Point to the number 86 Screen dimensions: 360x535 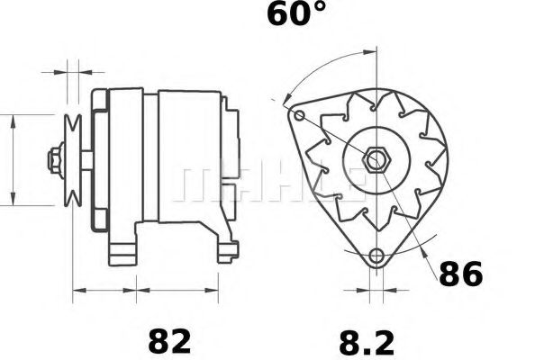(x=459, y=274)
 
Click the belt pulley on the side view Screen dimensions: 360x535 (x=73, y=160)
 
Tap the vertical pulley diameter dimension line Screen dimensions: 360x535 (x=13, y=160)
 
